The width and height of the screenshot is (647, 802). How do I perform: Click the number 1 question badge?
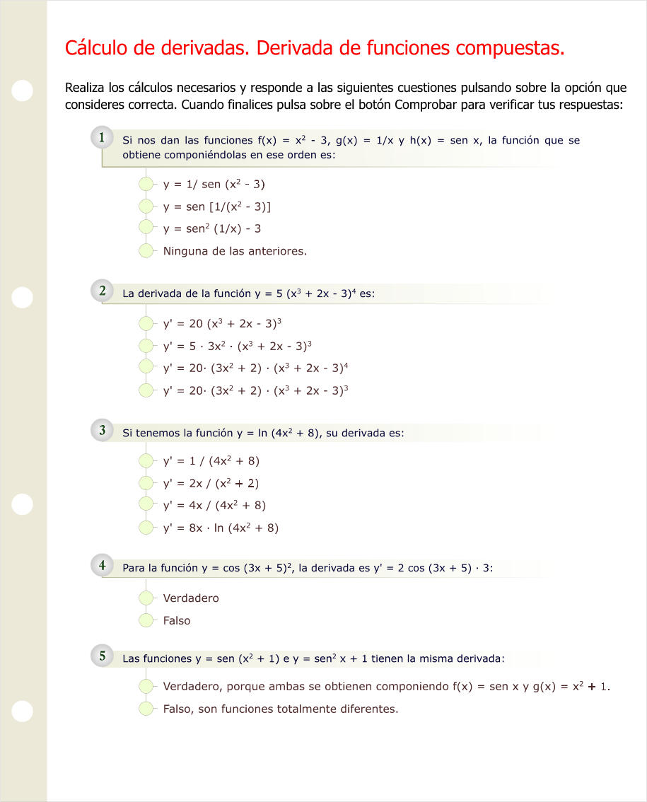coord(103,138)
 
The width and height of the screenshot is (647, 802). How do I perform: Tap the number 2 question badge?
coord(103,291)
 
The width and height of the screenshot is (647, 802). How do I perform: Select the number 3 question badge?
coord(103,430)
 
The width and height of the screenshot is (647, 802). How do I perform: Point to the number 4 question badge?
coord(103,565)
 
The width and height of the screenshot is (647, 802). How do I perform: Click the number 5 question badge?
coord(103,656)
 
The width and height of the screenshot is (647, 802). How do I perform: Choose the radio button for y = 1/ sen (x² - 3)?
coord(146,185)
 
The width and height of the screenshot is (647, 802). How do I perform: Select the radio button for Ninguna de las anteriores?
coord(146,250)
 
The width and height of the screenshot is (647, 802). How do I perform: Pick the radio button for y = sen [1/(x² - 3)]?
coord(146,207)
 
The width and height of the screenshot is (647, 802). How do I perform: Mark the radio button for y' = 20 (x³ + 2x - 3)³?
coord(146,324)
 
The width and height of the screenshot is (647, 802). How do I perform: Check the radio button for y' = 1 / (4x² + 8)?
coord(146,461)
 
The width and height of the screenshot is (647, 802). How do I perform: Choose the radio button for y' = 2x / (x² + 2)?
coord(146,484)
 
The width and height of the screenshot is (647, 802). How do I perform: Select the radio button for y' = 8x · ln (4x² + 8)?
coord(146,528)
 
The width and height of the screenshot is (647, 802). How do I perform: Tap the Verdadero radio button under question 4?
coord(146,598)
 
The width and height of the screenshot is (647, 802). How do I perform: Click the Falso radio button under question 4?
coord(146,620)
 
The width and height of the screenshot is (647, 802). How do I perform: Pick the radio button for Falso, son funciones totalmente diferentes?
coord(146,709)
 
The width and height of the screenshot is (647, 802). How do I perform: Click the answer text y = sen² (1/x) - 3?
coord(212,228)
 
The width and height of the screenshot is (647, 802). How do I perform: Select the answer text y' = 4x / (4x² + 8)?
coord(214,505)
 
